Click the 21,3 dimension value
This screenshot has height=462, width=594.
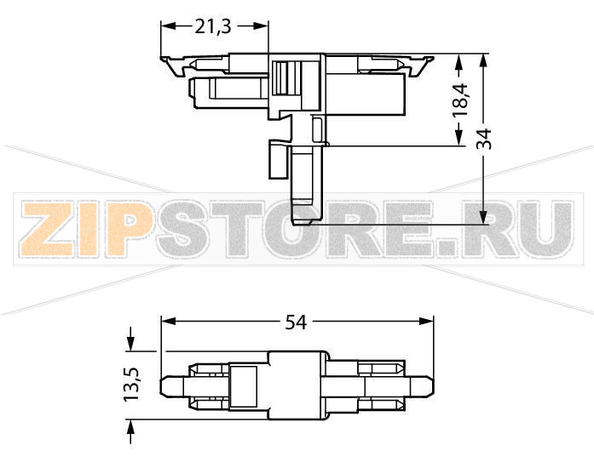pos(213,26)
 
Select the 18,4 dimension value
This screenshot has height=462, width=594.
pos(461,100)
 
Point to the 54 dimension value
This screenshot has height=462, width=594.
pos(296,322)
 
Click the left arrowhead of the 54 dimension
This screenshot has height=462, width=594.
pos(167,322)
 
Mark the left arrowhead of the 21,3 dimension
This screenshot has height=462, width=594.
pos(167,26)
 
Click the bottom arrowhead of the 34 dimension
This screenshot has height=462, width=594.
pos(484,218)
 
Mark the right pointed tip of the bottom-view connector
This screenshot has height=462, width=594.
pos(433,385)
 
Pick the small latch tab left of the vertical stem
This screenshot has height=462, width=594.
pos(277,159)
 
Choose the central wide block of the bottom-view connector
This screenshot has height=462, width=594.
pos(298,385)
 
